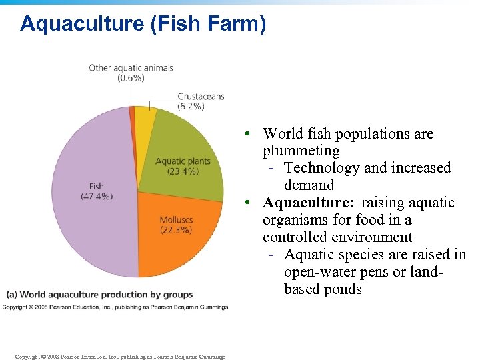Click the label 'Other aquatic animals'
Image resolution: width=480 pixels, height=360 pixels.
(x=131, y=68)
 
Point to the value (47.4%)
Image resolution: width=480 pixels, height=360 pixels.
(x=96, y=196)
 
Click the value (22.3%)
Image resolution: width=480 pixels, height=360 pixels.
(x=176, y=230)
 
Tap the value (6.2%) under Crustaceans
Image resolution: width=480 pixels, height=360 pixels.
(x=191, y=106)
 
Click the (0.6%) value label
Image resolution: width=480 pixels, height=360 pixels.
(x=131, y=78)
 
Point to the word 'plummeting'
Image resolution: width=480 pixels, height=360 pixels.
(x=301, y=151)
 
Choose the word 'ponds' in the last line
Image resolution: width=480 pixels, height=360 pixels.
(x=343, y=289)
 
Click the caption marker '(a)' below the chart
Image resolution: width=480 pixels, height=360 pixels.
(x=12, y=295)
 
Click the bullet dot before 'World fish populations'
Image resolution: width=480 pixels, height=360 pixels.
(x=247, y=134)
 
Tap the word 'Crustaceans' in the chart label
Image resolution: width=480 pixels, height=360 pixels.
(x=201, y=97)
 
